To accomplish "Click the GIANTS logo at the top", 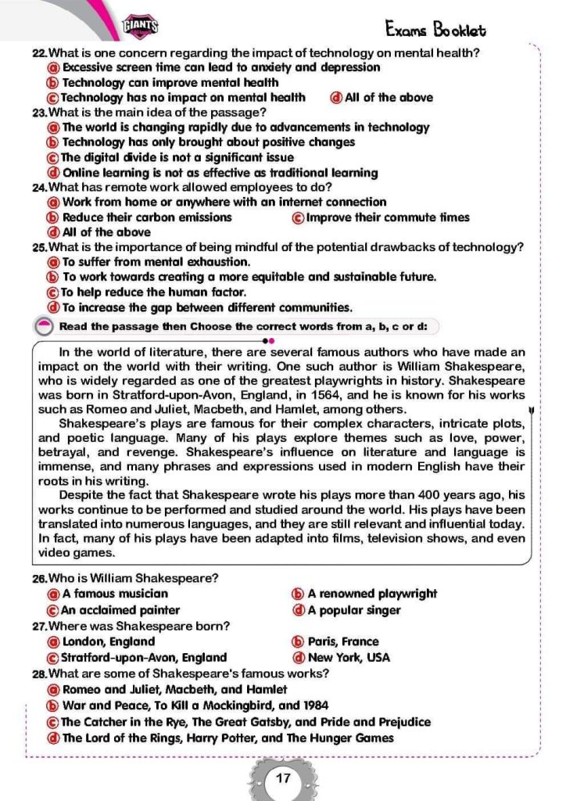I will [x=141, y=27].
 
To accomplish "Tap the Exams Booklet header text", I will [x=435, y=30].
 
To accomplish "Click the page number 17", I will [x=283, y=778].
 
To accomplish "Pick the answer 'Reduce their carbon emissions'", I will [x=147, y=217].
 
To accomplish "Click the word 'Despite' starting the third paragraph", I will [x=79, y=495].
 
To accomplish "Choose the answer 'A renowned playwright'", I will [x=372, y=594].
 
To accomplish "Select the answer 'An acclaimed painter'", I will [x=120, y=610].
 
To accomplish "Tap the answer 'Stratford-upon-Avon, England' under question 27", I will [x=144, y=658].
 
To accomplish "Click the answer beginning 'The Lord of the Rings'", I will [x=227, y=738].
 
